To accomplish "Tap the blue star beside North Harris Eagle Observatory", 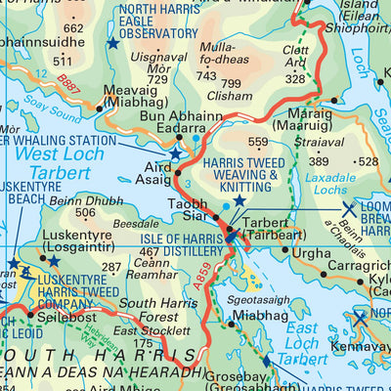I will tap(113, 44).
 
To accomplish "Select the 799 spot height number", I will tap(233, 84).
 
